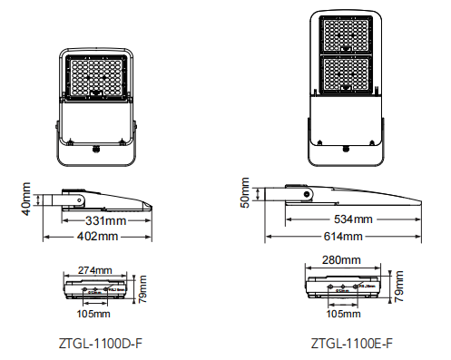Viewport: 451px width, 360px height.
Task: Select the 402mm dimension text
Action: coord(95,237)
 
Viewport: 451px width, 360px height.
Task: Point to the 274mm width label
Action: coord(94,270)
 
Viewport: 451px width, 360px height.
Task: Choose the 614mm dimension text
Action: coord(341,237)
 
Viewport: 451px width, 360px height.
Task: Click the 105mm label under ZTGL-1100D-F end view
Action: coord(93,314)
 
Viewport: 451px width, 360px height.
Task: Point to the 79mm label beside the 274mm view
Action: coord(142,291)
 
